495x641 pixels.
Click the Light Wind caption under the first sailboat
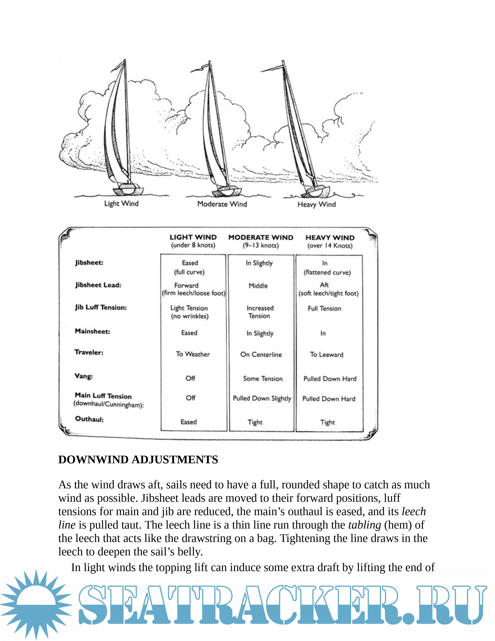(121, 203)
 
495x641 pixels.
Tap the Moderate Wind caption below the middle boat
(222, 204)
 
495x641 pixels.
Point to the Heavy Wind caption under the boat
(316, 204)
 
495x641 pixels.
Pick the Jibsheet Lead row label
(98, 285)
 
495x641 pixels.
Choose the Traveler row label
(89, 352)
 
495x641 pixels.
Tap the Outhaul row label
(89, 419)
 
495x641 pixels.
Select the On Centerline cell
(261, 354)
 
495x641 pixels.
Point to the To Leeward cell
(326, 354)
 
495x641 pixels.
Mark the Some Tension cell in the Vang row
(263, 379)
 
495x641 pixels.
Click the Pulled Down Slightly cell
(262, 398)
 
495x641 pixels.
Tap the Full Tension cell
(324, 308)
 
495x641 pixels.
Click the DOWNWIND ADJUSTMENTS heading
(138, 460)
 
